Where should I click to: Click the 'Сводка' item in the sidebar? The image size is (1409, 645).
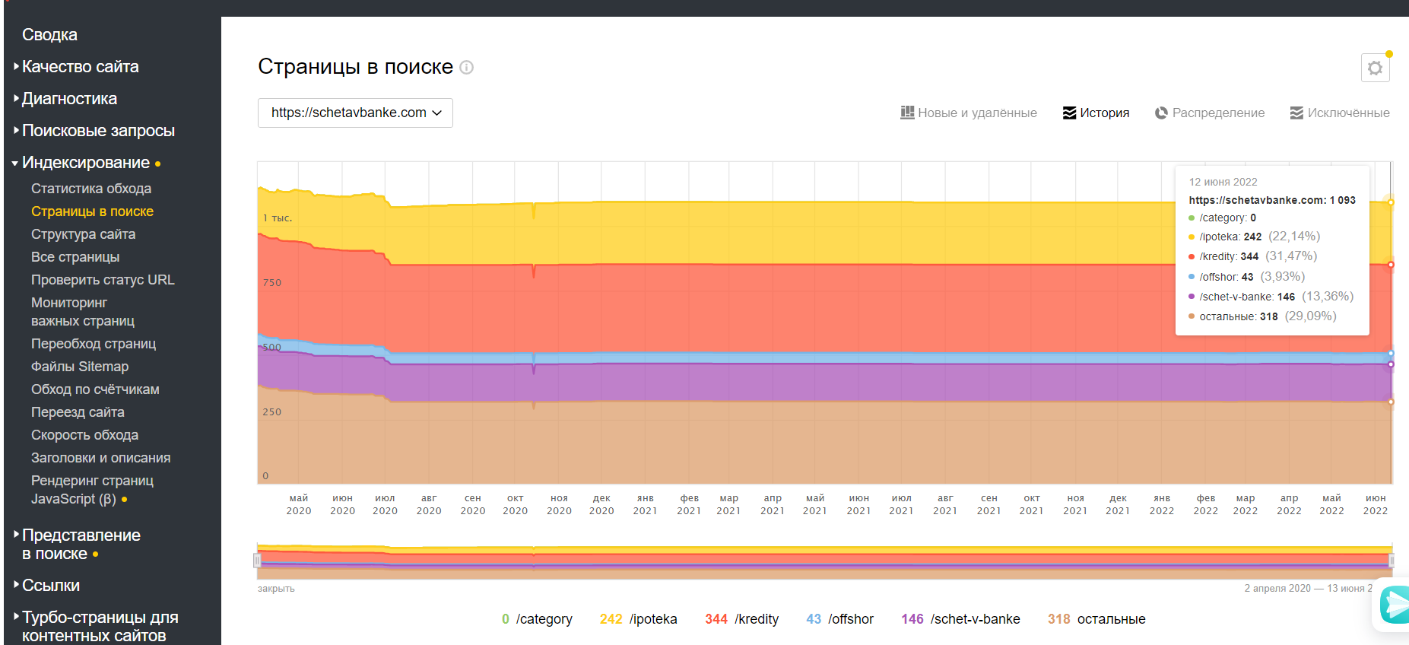(49, 35)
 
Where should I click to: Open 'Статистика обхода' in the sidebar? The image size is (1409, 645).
(90, 189)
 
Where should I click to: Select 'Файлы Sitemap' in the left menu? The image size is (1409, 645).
(80, 367)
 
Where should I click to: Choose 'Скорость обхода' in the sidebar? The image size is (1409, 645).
(84, 435)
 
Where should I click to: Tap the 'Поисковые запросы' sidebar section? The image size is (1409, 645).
(98, 131)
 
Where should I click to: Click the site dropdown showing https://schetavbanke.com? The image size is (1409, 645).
(355, 113)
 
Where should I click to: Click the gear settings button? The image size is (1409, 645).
(1375, 68)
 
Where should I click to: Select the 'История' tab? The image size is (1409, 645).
(1096, 113)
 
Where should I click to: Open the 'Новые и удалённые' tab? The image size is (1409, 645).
(969, 113)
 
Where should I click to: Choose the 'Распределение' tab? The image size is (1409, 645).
(1210, 113)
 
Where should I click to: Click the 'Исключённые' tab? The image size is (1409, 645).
(1340, 113)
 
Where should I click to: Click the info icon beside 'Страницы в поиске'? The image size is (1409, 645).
(467, 68)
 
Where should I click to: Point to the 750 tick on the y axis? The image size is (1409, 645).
(272, 283)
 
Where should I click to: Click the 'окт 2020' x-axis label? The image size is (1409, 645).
(516, 504)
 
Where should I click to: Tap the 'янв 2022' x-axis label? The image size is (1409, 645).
(1162, 504)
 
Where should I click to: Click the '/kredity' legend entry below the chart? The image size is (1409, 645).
(742, 619)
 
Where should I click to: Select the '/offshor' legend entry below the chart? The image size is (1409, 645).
(840, 619)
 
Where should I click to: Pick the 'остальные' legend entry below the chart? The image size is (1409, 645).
(1096, 619)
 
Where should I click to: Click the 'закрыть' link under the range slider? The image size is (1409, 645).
(276, 589)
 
